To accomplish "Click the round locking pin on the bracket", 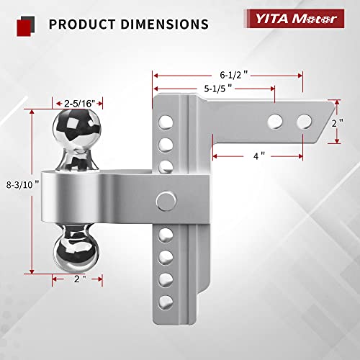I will (166, 199).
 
